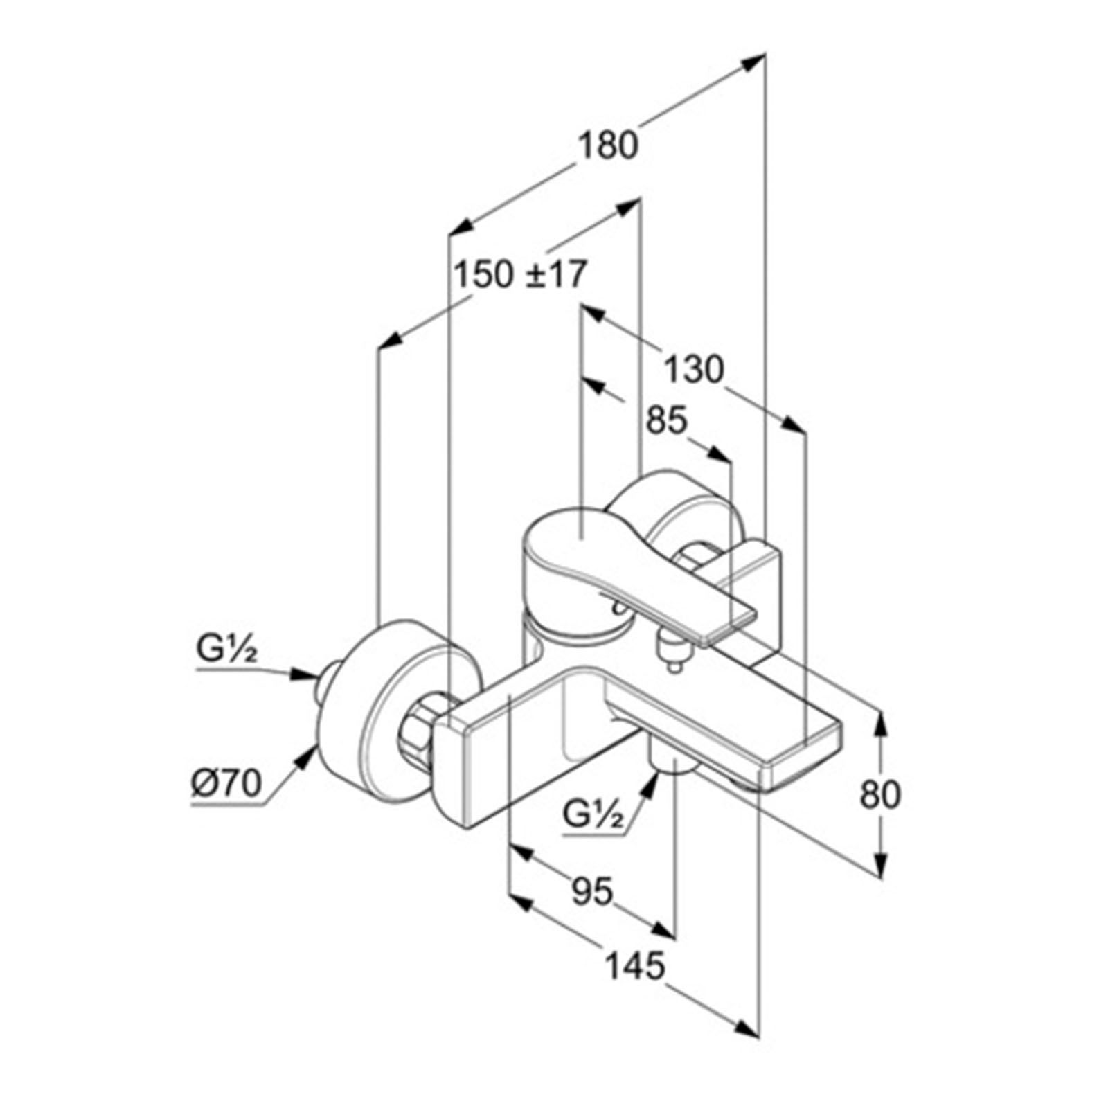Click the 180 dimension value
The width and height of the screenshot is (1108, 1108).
607,146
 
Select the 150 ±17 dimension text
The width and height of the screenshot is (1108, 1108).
520,274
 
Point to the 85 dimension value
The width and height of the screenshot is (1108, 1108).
666,420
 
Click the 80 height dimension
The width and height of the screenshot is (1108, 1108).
880,794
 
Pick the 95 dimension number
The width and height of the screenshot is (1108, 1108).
593,891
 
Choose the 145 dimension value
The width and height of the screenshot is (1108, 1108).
635,965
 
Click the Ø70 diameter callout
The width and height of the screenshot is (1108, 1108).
226,784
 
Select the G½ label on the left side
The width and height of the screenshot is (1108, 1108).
226,650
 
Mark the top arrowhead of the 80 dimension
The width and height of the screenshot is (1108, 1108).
880,724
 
